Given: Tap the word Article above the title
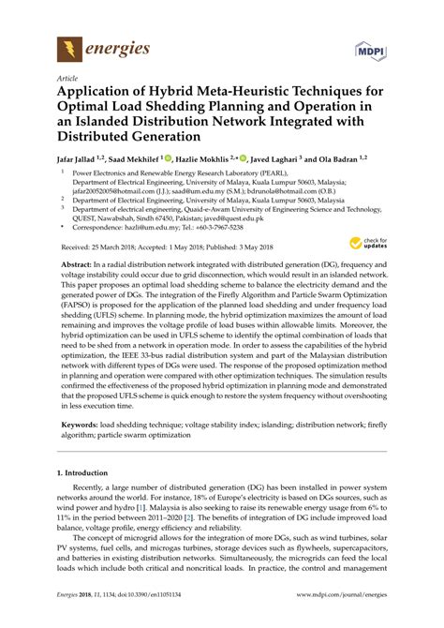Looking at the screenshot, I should point(68,82).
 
